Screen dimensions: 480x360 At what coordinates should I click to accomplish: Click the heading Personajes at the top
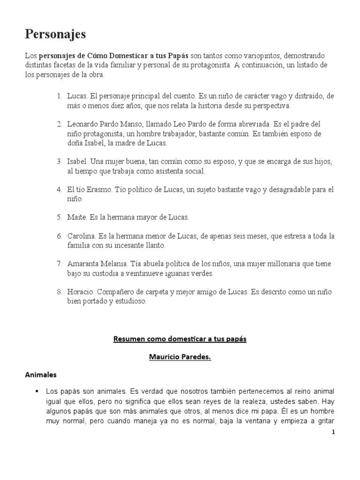click(55, 34)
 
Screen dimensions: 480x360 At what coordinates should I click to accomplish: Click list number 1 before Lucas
click(59, 96)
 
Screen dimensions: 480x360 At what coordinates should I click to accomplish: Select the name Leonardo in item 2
click(82, 124)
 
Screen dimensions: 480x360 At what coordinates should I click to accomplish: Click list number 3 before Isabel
click(59, 162)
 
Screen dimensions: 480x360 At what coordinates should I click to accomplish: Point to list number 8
click(59, 292)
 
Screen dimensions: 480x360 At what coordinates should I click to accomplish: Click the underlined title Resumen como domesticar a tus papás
click(180, 339)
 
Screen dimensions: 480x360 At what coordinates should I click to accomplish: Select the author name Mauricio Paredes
click(180, 357)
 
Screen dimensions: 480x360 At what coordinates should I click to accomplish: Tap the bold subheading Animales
click(40, 375)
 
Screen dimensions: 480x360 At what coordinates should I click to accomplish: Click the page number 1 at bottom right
click(333, 432)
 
